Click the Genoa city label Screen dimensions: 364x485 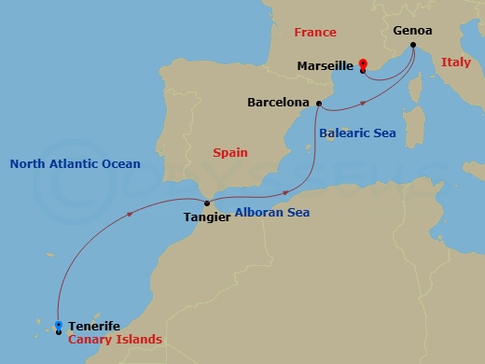pos(413,30)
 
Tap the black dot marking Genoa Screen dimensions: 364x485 pos(412,44)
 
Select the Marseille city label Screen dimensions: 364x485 pos(325,65)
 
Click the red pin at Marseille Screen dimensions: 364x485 pos(362,65)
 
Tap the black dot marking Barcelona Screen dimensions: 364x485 pos(319,103)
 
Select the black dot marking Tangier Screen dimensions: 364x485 pos(206,203)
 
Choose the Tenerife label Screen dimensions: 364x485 pos(94,326)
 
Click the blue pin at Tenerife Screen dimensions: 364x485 pos(59,326)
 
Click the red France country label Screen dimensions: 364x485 pos(315,32)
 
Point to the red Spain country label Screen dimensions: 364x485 pos(230,150)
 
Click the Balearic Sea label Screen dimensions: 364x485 pos(357,133)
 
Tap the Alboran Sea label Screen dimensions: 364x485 pos(271,213)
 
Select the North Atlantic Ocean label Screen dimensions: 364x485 pos(75,164)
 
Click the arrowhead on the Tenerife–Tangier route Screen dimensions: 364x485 pos(128,215)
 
